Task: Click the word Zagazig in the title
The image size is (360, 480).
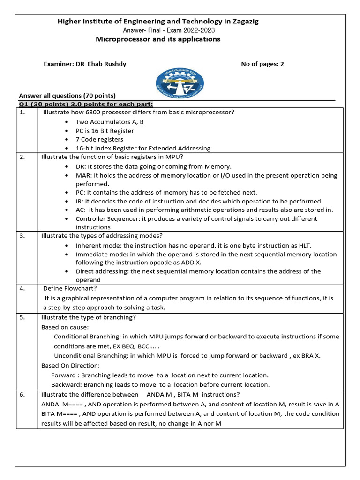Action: pyautogui.click(x=240, y=21)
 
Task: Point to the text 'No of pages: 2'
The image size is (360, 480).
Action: pyautogui.click(x=262, y=64)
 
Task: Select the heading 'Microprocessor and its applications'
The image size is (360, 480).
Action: pyautogui.click(x=157, y=39)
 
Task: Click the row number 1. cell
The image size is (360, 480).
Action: pyautogui.click(x=22, y=112)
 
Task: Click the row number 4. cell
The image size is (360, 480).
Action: pyautogui.click(x=22, y=288)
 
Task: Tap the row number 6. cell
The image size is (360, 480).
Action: pyautogui.click(x=22, y=395)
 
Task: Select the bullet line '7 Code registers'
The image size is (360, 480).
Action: pyautogui.click(x=99, y=139)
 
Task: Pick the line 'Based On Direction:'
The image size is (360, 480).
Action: pyautogui.click(x=70, y=365)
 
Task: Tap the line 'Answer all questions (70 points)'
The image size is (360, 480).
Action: pyautogui.click(x=67, y=95)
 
